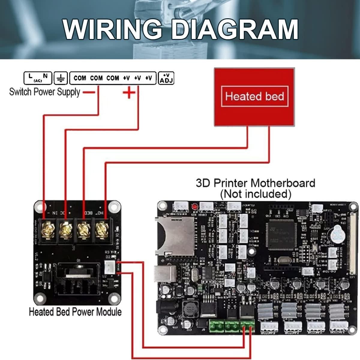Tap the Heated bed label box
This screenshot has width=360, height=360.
[254, 96]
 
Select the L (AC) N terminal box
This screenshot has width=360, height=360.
[38, 78]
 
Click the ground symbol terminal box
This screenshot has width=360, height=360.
[61, 78]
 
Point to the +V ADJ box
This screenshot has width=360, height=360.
[166, 78]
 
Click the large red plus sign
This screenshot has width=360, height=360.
[129, 92]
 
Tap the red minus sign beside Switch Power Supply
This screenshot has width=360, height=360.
[88, 92]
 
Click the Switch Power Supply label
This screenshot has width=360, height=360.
[45, 92]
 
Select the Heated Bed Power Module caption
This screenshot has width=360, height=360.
[75, 312]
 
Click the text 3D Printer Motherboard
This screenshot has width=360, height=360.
[255, 183]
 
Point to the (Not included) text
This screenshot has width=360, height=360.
[256, 194]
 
